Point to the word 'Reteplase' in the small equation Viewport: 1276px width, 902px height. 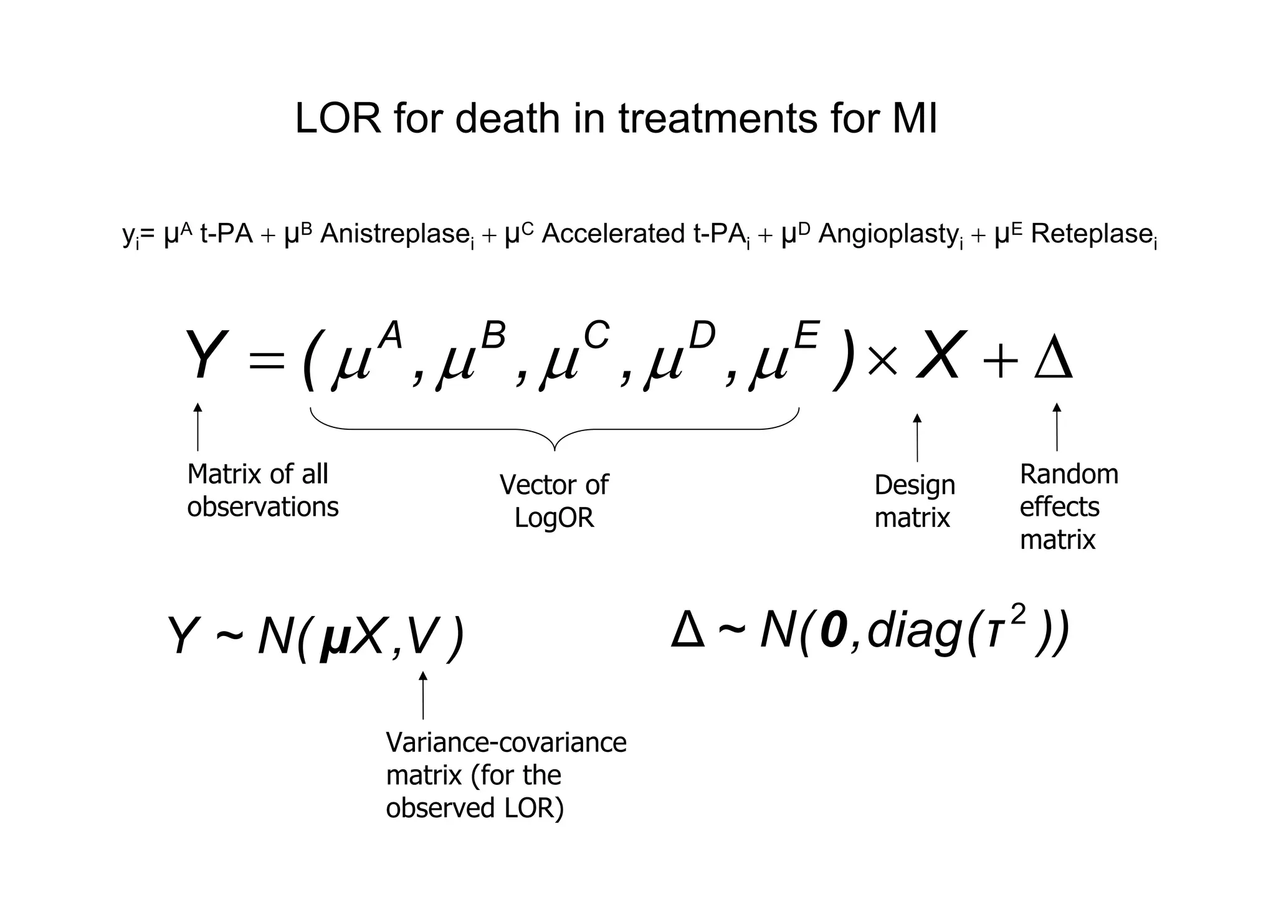point(1091,234)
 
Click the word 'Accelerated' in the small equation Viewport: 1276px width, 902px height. point(613,234)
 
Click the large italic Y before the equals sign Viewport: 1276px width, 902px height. point(204,356)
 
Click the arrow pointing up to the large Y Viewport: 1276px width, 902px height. point(198,427)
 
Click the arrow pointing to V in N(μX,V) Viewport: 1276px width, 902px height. point(423,695)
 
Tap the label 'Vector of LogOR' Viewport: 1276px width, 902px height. point(554,501)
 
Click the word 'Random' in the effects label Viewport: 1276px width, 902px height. point(1069,475)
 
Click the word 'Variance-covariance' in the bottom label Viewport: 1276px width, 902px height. point(506,743)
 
